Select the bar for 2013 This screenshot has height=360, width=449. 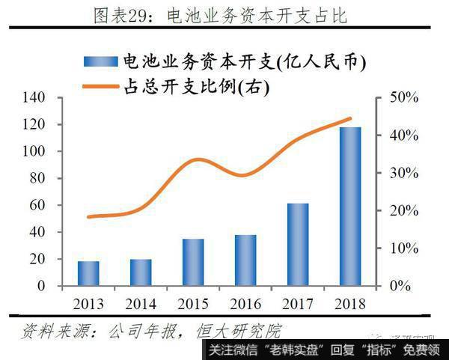pyautogui.click(x=88, y=273)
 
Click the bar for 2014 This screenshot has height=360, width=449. pyautogui.click(x=141, y=272)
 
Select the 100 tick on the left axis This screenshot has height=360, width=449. pyautogui.click(x=58, y=151)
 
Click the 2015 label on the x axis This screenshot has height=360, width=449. pyautogui.click(x=193, y=304)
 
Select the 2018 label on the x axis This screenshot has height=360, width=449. pyautogui.click(x=350, y=304)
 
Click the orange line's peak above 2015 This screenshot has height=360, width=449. pyautogui.click(x=196, y=159)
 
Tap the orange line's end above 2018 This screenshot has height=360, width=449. pyautogui.click(x=350, y=118)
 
